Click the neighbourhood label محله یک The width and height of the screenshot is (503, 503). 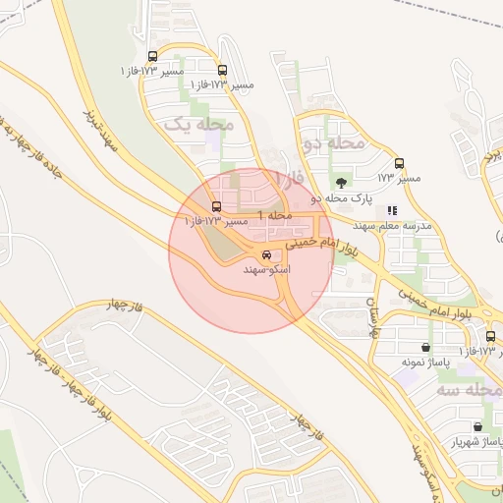(x=198, y=125)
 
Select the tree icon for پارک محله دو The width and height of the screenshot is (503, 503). (x=341, y=182)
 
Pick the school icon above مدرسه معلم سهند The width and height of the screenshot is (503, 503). (x=393, y=209)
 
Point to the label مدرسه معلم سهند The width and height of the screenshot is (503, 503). (x=404, y=225)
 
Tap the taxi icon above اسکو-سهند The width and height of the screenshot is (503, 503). (x=267, y=254)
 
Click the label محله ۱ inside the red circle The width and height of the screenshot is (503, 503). (x=275, y=214)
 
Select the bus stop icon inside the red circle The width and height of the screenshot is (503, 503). (x=216, y=206)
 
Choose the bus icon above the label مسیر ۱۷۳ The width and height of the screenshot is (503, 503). (x=399, y=164)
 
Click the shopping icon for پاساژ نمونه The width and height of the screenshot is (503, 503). (x=425, y=347)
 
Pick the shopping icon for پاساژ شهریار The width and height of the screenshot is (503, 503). (x=477, y=427)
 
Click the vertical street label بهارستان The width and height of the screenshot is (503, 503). (x=372, y=316)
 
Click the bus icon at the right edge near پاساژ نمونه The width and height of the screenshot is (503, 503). (x=491, y=337)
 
